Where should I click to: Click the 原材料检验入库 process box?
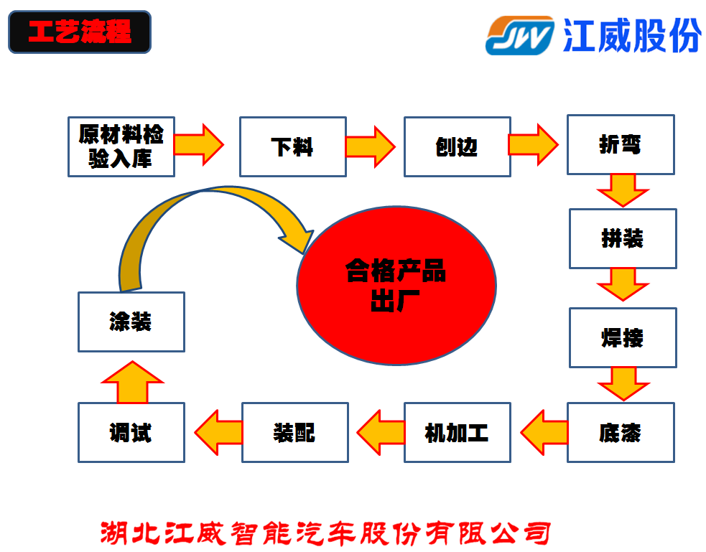[121, 146]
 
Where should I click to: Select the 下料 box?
[292, 146]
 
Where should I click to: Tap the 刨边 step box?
[457, 146]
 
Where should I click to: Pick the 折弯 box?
[621, 144]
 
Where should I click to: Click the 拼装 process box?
[623, 238]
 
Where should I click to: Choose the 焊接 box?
[623, 337]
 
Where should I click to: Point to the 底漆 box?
[621, 432]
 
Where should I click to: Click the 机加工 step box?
[457, 432]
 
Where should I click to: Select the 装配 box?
[295, 432]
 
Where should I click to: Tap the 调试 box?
[131, 432]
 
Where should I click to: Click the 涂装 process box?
[131, 322]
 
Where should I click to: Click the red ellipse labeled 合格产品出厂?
[396, 285]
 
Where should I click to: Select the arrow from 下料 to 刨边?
[370, 146]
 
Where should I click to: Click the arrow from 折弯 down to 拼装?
[623, 190]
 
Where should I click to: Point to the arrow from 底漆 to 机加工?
[544, 432]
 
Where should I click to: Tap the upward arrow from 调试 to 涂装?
[132, 382]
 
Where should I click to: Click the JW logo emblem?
[519, 36]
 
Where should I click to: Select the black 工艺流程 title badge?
[80, 32]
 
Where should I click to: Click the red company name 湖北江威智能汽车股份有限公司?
[325, 533]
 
